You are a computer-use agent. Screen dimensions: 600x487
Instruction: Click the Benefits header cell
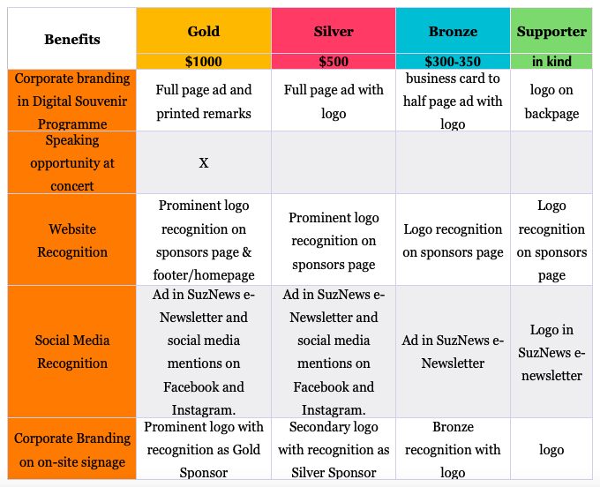(x=72, y=39)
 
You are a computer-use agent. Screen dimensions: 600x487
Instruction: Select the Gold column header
(x=204, y=31)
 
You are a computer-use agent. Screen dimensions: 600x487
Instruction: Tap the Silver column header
(x=334, y=31)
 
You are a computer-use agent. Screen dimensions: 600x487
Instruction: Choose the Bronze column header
(x=453, y=31)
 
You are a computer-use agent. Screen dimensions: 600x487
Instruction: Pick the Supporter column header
(x=551, y=31)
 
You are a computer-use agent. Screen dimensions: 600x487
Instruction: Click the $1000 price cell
(x=204, y=61)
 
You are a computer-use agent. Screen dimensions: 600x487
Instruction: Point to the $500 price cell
(x=334, y=61)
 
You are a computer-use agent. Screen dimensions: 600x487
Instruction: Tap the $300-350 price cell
(x=453, y=61)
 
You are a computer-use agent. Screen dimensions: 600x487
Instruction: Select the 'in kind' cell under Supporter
(x=551, y=61)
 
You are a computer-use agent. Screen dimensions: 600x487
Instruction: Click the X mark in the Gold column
(x=204, y=163)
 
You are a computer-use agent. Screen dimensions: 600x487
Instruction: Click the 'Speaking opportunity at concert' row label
(x=72, y=162)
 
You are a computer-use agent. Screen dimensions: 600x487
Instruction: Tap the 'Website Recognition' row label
(x=72, y=240)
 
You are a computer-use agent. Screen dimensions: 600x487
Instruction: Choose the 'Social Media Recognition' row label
(x=72, y=351)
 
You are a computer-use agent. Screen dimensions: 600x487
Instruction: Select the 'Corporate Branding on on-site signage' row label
(x=72, y=449)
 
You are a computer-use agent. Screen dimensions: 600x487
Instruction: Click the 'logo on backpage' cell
(x=551, y=101)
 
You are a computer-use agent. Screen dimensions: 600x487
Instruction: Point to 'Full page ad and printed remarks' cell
(x=204, y=101)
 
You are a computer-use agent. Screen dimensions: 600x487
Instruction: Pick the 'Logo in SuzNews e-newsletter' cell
(x=551, y=351)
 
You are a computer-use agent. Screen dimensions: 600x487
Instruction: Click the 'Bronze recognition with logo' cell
(x=453, y=449)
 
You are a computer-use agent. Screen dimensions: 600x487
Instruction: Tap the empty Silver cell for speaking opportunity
(x=334, y=162)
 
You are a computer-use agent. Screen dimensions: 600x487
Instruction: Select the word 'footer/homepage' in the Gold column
(x=204, y=275)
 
